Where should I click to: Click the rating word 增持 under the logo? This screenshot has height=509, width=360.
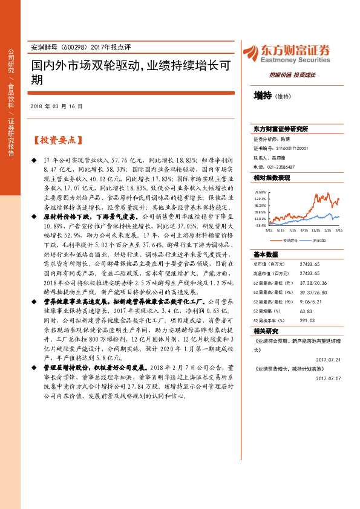pos(263,96)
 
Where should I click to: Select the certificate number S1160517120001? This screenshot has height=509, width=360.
pos(285,148)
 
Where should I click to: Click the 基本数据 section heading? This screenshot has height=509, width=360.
pos(266,254)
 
